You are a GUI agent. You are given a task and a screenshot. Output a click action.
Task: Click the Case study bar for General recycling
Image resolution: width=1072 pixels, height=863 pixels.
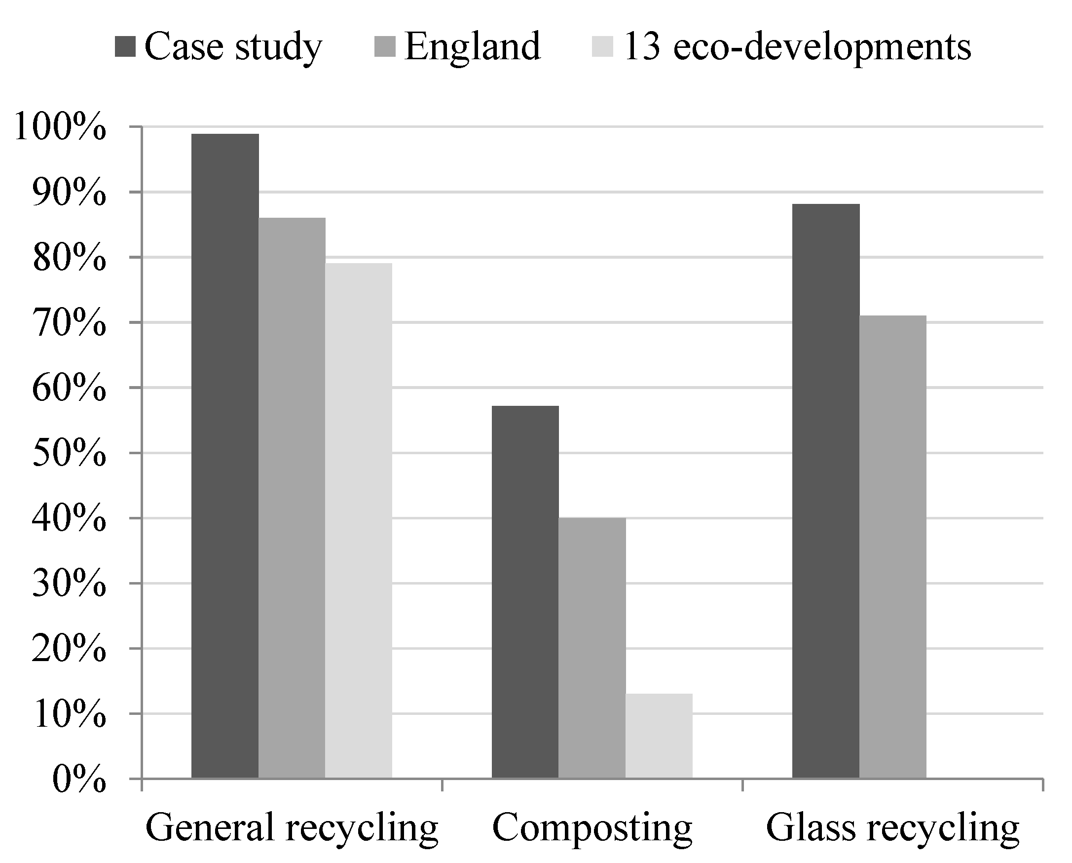tap(225, 455)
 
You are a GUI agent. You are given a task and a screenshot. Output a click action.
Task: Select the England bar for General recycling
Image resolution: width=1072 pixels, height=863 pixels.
tap(292, 498)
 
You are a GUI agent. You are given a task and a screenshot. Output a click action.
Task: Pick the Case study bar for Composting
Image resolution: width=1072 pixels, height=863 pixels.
tap(525, 592)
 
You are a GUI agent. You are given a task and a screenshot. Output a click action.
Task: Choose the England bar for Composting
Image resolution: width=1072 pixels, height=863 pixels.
tap(591, 648)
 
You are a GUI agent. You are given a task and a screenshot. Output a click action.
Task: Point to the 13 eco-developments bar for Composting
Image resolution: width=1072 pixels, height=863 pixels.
tap(659, 736)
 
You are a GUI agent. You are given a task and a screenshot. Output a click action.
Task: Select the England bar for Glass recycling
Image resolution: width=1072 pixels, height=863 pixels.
tap(892, 547)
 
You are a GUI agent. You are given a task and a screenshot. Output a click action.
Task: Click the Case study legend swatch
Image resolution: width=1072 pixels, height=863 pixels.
tap(125, 47)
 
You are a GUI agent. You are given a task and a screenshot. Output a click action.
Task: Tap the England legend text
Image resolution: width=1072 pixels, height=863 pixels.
tap(472, 47)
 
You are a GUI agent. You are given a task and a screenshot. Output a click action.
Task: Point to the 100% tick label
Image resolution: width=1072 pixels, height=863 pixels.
tap(60, 127)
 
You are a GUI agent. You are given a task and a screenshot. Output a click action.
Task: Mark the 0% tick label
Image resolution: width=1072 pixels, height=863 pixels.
tap(78, 780)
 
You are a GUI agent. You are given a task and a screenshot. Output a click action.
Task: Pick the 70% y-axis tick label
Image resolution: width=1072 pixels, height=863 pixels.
tap(69, 323)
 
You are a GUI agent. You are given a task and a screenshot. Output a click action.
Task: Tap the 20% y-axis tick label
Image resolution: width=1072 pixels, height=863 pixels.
tap(69, 649)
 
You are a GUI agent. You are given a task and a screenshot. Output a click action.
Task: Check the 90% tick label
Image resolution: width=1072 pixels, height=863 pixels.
tap(69, 193)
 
